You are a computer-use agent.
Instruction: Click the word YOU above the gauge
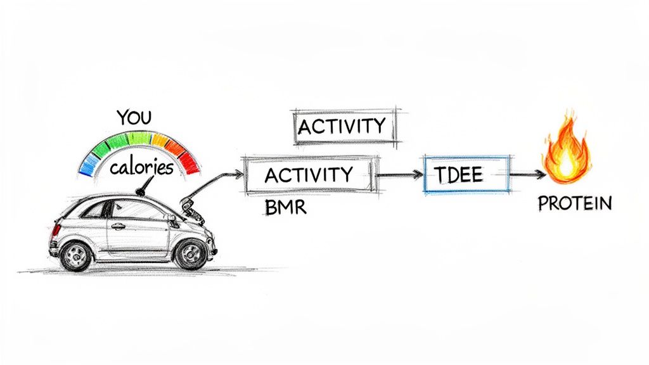(x=135, y=118)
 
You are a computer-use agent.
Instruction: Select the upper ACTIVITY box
(x=343, y=126)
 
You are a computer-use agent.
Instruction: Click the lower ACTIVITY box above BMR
(x=309, y=174)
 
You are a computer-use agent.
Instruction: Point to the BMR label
(x=285, y=207)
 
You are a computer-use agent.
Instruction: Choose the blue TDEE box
(x=466, y=173)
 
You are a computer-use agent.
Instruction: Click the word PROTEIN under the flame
(x=575, y=203)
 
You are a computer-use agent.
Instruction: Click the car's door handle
(x=117, y=226)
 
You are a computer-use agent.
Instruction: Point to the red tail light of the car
(x=56, y=229)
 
